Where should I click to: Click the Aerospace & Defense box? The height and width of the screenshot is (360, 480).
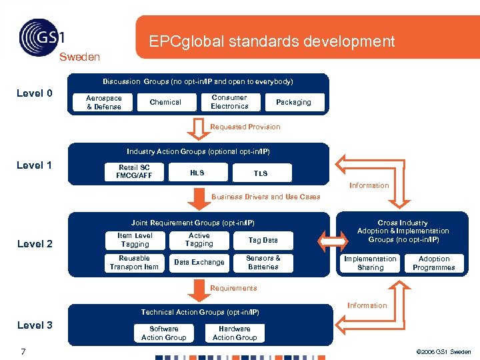tap(104, 102)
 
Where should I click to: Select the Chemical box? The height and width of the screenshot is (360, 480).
tap(165, 102)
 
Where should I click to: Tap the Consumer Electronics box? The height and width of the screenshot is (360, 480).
tap(229, 102)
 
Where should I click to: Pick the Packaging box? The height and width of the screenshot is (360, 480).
tap(293, 102)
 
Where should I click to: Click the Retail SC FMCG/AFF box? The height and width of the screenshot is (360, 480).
tap(133, 172)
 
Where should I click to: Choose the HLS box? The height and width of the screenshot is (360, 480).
tap(197, 173)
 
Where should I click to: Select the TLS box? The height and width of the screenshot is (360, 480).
tap(261, 173)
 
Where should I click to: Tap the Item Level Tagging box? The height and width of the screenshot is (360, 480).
tap(135, 240)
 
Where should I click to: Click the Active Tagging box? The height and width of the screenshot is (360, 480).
tap(199, 240)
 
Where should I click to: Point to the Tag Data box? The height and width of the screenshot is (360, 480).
tap(263, 240)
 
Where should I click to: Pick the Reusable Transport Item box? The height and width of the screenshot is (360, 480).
tap(135, 263)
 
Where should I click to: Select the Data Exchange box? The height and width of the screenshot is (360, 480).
tap(199, 263)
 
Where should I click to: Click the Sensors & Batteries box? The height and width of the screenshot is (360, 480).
tap(263, 263)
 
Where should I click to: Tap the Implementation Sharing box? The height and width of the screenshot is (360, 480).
tap(370, 263)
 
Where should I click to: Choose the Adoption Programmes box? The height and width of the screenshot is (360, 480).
tap(434, 263)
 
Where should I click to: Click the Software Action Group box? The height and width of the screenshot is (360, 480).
tap(164, 333)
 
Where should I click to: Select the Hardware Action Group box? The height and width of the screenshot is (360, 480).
tap(235, 333)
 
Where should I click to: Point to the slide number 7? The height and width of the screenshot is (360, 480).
tap(23, 351)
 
